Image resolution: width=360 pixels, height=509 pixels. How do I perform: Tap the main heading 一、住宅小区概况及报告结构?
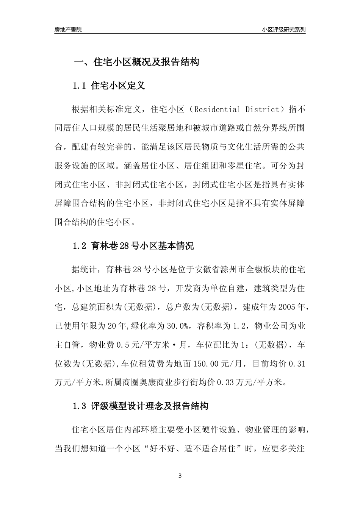(136, 62)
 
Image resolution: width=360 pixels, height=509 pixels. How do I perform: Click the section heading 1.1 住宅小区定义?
(109, 86)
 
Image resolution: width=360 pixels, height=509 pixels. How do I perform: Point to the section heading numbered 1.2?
(133, 246)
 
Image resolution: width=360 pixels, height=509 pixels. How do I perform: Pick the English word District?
(263, 109)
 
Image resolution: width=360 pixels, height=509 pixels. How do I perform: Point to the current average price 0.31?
(297, 364)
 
